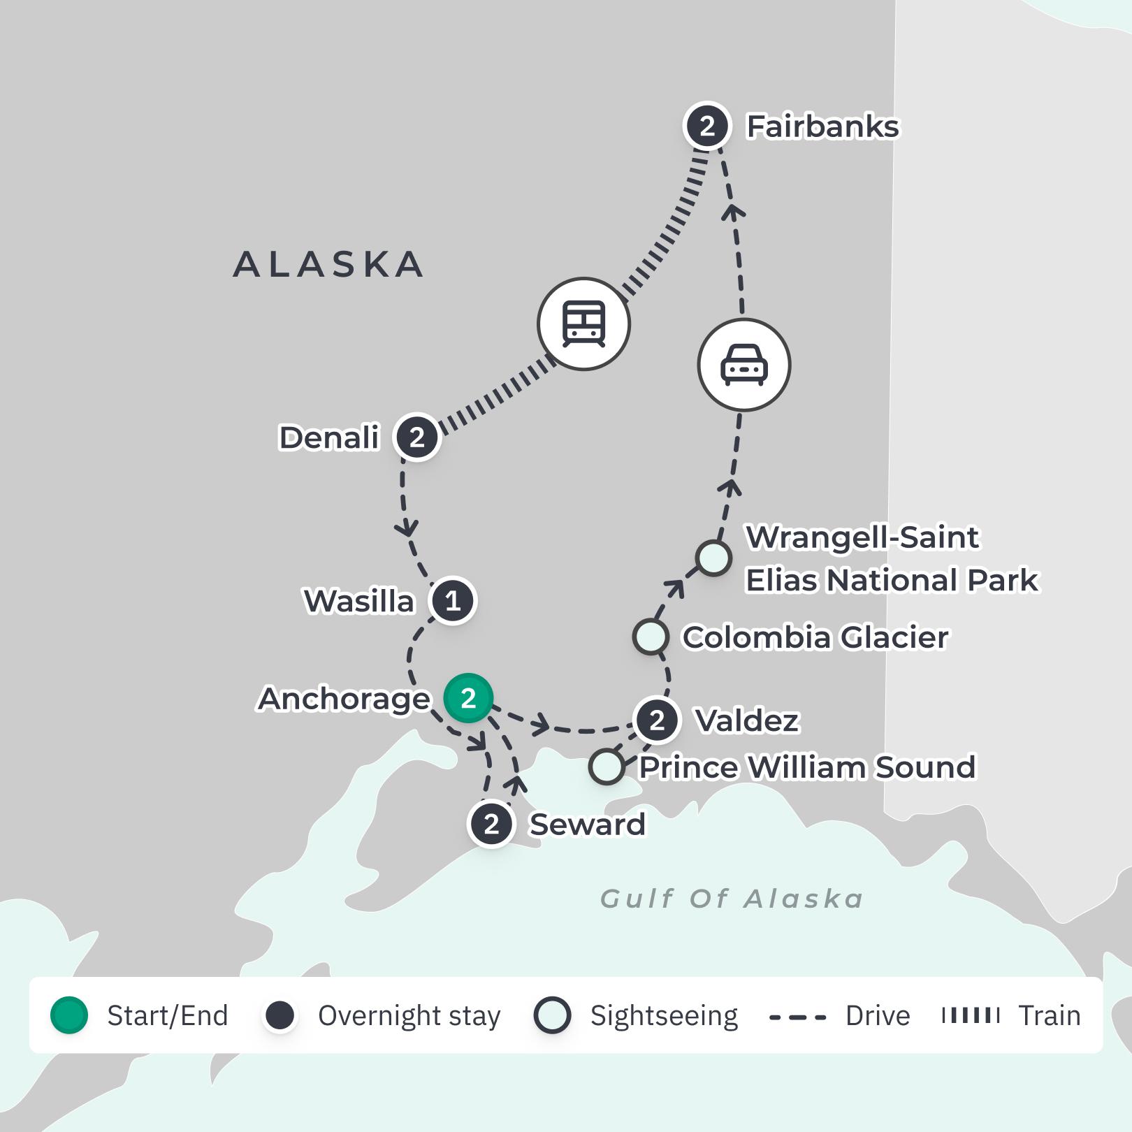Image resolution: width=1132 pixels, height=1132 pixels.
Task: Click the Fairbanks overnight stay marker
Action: [706, 126]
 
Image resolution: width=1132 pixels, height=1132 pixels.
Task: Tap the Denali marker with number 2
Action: [417, 437]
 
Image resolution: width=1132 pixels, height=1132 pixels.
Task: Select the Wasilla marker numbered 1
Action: [453, 601]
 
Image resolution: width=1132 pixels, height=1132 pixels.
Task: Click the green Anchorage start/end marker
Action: [468, 698]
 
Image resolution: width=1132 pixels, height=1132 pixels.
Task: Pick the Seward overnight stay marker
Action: [491, 824]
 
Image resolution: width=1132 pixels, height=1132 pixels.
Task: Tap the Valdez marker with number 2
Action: [657, 720]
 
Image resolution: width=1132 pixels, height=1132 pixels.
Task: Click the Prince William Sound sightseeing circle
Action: [607, 767]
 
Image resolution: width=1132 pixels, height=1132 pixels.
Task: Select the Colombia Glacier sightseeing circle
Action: [651, 637]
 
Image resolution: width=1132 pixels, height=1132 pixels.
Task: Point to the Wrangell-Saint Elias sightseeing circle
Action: [713, 558]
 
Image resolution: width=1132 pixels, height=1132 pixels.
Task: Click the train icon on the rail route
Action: [583, 324]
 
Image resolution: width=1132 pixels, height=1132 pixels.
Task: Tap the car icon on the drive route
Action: [744, 365]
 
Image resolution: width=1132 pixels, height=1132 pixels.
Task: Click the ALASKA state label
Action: [328, 265]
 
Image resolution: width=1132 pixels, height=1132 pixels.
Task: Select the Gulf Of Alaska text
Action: [732, 899]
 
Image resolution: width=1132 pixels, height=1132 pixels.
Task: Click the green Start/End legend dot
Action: [69, 1015]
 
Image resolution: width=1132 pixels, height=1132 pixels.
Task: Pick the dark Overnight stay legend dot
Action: [280, 1015]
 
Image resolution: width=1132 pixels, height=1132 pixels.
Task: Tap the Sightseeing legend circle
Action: [552, 1015]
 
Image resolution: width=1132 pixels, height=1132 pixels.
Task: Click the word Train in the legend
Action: [1049, 1015]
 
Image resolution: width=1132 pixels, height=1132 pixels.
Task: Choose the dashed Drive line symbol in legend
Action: [797, 1017]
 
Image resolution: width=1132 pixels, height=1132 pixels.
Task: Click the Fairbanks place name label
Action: [822, 127]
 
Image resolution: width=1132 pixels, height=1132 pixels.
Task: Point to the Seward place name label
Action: [587, 825]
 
